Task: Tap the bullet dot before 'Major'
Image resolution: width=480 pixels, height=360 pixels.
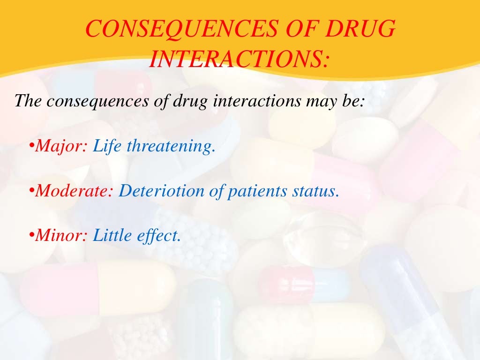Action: [31, 147]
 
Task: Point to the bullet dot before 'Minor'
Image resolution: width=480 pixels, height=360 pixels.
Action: [31, 236]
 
